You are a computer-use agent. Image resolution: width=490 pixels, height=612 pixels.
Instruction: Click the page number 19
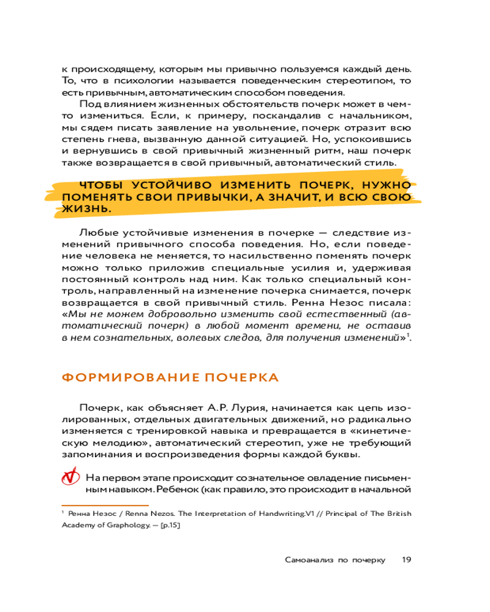tap(406, 559)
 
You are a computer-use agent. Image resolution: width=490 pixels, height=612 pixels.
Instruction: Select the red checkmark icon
tap(71, 476)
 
